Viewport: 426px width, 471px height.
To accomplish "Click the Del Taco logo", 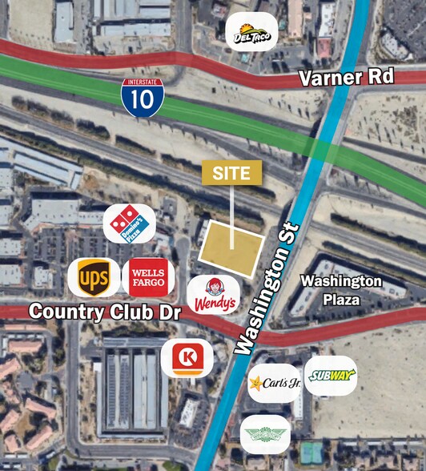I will point(251,33).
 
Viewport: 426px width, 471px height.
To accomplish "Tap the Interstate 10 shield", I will point(137,95).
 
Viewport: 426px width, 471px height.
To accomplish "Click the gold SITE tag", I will point(232,172).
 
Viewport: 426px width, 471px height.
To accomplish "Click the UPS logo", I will point(93,277).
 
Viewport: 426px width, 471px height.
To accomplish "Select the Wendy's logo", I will point(214,294).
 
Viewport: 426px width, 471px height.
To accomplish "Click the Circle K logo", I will point(187,357).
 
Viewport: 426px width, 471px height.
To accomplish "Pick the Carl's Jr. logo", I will point(274,383).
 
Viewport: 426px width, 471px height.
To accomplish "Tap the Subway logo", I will point(330,375).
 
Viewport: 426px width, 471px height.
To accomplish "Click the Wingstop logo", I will point(265,434).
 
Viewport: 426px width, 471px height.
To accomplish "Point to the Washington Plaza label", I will point(341,290).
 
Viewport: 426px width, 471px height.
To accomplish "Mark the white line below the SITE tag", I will point(232,214).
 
